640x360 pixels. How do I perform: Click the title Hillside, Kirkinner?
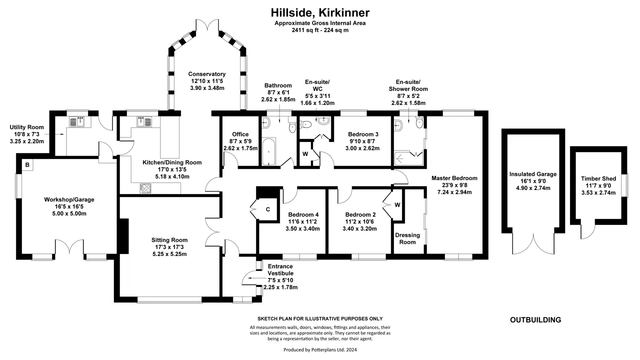[x=320, y=12]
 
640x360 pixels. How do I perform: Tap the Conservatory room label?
[x=207, y=74]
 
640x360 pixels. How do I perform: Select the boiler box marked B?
[x=27, y=165]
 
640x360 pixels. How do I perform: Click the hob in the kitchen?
[x=145, y=188]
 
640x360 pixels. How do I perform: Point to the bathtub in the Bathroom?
[x=268, y=151]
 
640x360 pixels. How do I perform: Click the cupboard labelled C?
[x=267, y=209]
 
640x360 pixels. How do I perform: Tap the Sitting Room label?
[x=169, y=240]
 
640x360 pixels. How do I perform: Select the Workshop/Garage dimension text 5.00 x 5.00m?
[x=69, y=213]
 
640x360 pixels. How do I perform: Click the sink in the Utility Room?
[x=76, y=121]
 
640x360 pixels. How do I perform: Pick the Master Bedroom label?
[x=454, y=178]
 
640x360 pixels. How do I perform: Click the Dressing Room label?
[x=407, y=238]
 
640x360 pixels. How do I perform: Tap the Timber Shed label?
[x=598, y=178]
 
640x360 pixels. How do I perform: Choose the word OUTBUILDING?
[x=535, y=320]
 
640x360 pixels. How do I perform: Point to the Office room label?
[x=240, y=134]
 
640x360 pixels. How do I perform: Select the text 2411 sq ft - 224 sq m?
[x=320, y=30]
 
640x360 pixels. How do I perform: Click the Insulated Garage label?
[x=533, y=174]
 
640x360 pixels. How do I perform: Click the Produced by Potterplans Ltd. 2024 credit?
[x=320, y=349]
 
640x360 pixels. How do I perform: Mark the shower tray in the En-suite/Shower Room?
[x=408, y=158]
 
